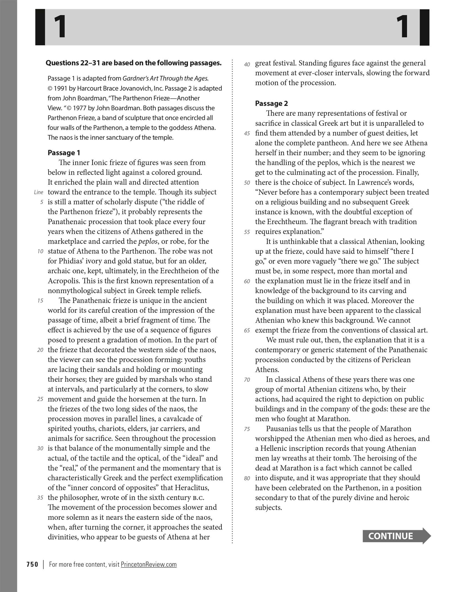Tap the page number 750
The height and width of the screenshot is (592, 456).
click(32, 564)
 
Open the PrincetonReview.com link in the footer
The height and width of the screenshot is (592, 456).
click(148, 564)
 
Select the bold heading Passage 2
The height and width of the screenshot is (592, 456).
click(271, 103)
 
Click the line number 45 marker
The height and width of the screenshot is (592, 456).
click(247, 133)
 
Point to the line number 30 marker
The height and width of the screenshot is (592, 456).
click(40, 448)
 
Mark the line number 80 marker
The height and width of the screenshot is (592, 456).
click(247, 478)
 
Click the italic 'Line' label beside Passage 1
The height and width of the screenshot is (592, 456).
click(38, 192)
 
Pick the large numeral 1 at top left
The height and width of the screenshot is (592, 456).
click(60, 27)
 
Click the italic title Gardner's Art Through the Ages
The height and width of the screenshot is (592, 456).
click(165, 78)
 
